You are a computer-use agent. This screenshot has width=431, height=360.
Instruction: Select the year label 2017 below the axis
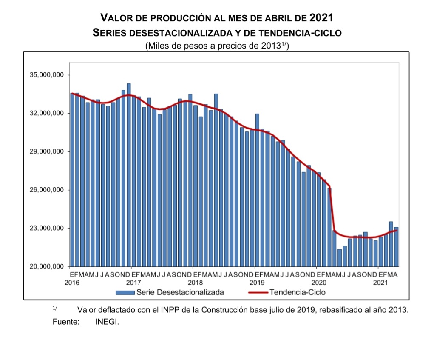point(133,283)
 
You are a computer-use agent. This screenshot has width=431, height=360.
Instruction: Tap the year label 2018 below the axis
point(195,283)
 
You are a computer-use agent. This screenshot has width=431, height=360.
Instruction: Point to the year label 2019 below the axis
point(257,283)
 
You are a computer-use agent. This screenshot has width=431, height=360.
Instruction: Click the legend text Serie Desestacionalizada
point(180,292)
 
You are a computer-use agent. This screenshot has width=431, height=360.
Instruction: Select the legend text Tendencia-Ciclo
point(298,292)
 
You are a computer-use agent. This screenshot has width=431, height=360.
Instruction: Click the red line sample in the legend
point(257,292)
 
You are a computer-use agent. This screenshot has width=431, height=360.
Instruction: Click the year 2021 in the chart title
point(321,18)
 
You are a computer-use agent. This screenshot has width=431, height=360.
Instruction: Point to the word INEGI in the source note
point(107,322)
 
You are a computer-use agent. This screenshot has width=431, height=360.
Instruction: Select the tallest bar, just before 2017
point(129,174)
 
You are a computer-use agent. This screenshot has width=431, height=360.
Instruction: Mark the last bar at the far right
point(396,247)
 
